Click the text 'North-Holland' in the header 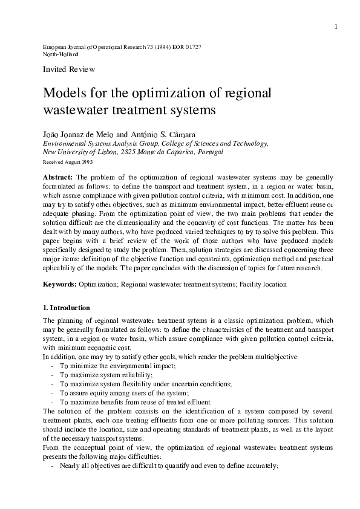(x=61, y=54)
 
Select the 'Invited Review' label (x=69, y=70)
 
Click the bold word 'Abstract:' (x=57, y=177)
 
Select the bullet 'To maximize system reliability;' (x=102, y=375)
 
